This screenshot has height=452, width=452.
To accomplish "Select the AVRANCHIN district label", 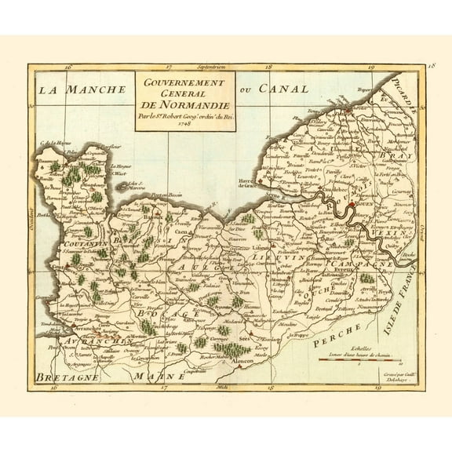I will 98,341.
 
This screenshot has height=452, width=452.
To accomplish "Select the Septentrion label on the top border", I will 211,68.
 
